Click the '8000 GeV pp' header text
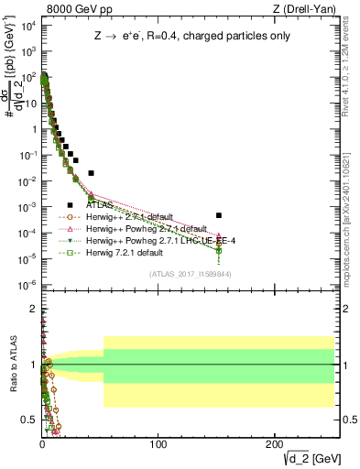click(70, 9)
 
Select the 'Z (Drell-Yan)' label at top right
click(307, 9)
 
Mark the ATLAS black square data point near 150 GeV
click(219, 215)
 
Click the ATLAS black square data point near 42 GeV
click(91, 172)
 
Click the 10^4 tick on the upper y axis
click(27, 27)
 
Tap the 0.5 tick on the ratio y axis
click(30, 417)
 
